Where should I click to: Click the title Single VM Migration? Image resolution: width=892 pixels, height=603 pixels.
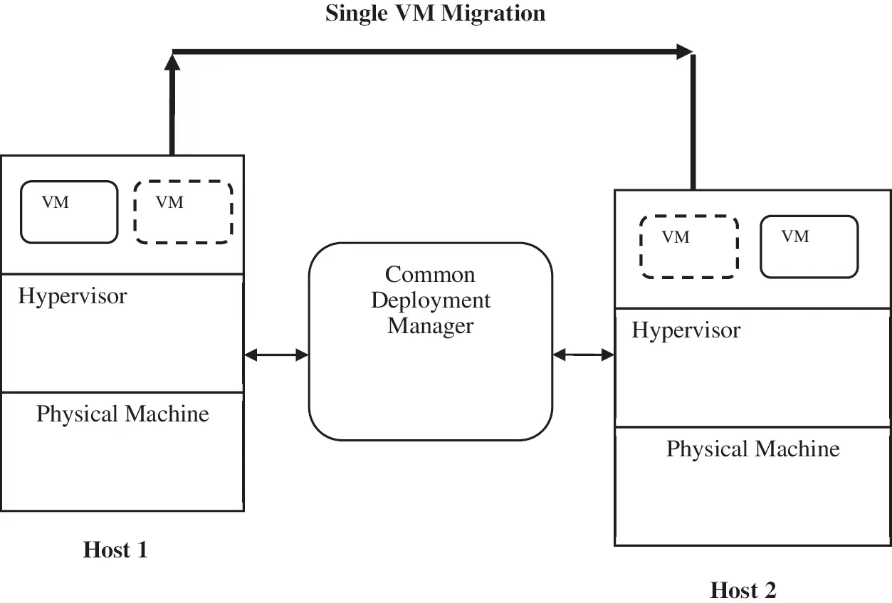pyautogui.click(x=435, y=13)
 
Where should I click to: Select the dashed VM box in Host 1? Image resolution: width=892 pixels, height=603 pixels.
pyautogui.click(x=183, y=212)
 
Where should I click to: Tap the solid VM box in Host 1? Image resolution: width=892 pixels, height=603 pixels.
pyautogui.click(x=69, y=212)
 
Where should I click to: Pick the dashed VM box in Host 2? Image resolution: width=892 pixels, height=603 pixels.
pyautogui.click(x=688, y=246)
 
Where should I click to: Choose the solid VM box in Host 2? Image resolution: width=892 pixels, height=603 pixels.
pyautogui.click(x=809, y=246)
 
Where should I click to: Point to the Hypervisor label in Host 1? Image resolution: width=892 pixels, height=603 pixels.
pyautogui.click(x=73, y=296)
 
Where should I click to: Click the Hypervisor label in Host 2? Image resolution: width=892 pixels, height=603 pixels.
pyautogui.click(x=686, y=330)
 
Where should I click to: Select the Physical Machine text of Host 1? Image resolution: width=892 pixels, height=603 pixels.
pyautogui.click(x=122, y=414)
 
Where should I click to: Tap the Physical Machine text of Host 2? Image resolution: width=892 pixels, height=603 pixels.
pyautogui.click(x=752, y=449)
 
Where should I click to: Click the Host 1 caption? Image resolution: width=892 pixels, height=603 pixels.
pyautogui.click(x=115, y=550)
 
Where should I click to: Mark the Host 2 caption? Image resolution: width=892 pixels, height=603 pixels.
pyautogui.click(x=743, y=590)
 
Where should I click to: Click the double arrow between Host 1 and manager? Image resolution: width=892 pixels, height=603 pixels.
pyautogui.click(x=276, y=355)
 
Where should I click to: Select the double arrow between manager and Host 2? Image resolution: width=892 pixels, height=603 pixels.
pyautogui.click(x=583, y=354)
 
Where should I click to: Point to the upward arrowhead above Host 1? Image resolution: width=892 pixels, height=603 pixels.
pyautogui.click(x=172, y=62)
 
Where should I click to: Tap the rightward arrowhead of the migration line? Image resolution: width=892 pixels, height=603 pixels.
pyautogui.click(x=685, y=51)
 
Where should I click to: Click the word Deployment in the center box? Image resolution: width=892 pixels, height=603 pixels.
pyautogui.click(x=431, y=300)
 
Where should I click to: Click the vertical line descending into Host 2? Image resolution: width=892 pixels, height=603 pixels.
pyautogui.click(x=693, y=121)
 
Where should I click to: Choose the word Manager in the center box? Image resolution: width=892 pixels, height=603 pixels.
pyautogui.click(x=430, y=326)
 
